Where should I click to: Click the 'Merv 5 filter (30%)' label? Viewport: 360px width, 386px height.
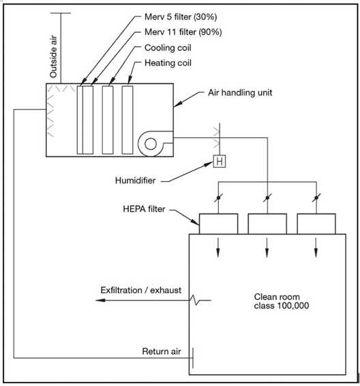click(181, 17)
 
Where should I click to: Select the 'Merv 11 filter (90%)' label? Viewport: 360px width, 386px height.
click(183, 32)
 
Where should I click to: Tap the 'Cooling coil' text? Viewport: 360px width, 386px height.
click(168, 48)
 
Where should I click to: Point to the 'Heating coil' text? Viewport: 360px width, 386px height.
click(168, 63)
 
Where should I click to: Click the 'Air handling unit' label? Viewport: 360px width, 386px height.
click(240, 93)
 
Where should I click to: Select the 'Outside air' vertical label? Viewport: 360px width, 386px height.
click(53, 57)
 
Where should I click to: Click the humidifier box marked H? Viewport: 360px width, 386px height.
click(220, 162)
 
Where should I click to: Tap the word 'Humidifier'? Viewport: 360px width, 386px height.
click(135, 181)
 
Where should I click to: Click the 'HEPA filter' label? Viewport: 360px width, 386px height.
click(144, 209)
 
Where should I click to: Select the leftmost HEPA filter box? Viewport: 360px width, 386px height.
click(218, 224)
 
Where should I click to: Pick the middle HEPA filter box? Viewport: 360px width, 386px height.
click(267, 224)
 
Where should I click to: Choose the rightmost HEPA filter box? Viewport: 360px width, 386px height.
click(316, 224)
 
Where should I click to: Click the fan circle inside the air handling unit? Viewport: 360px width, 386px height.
click(151, 144)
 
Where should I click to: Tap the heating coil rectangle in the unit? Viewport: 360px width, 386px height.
click(127, 120)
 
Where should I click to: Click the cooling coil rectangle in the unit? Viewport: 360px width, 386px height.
click(108, 120)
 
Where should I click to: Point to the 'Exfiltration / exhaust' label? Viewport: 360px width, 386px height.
click(141, 291)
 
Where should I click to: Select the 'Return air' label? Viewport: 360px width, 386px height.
click(162, 351)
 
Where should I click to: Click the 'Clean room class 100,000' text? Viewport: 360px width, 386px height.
click(282, 301)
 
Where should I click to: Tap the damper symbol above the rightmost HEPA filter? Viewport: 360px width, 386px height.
click(316, 198)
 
